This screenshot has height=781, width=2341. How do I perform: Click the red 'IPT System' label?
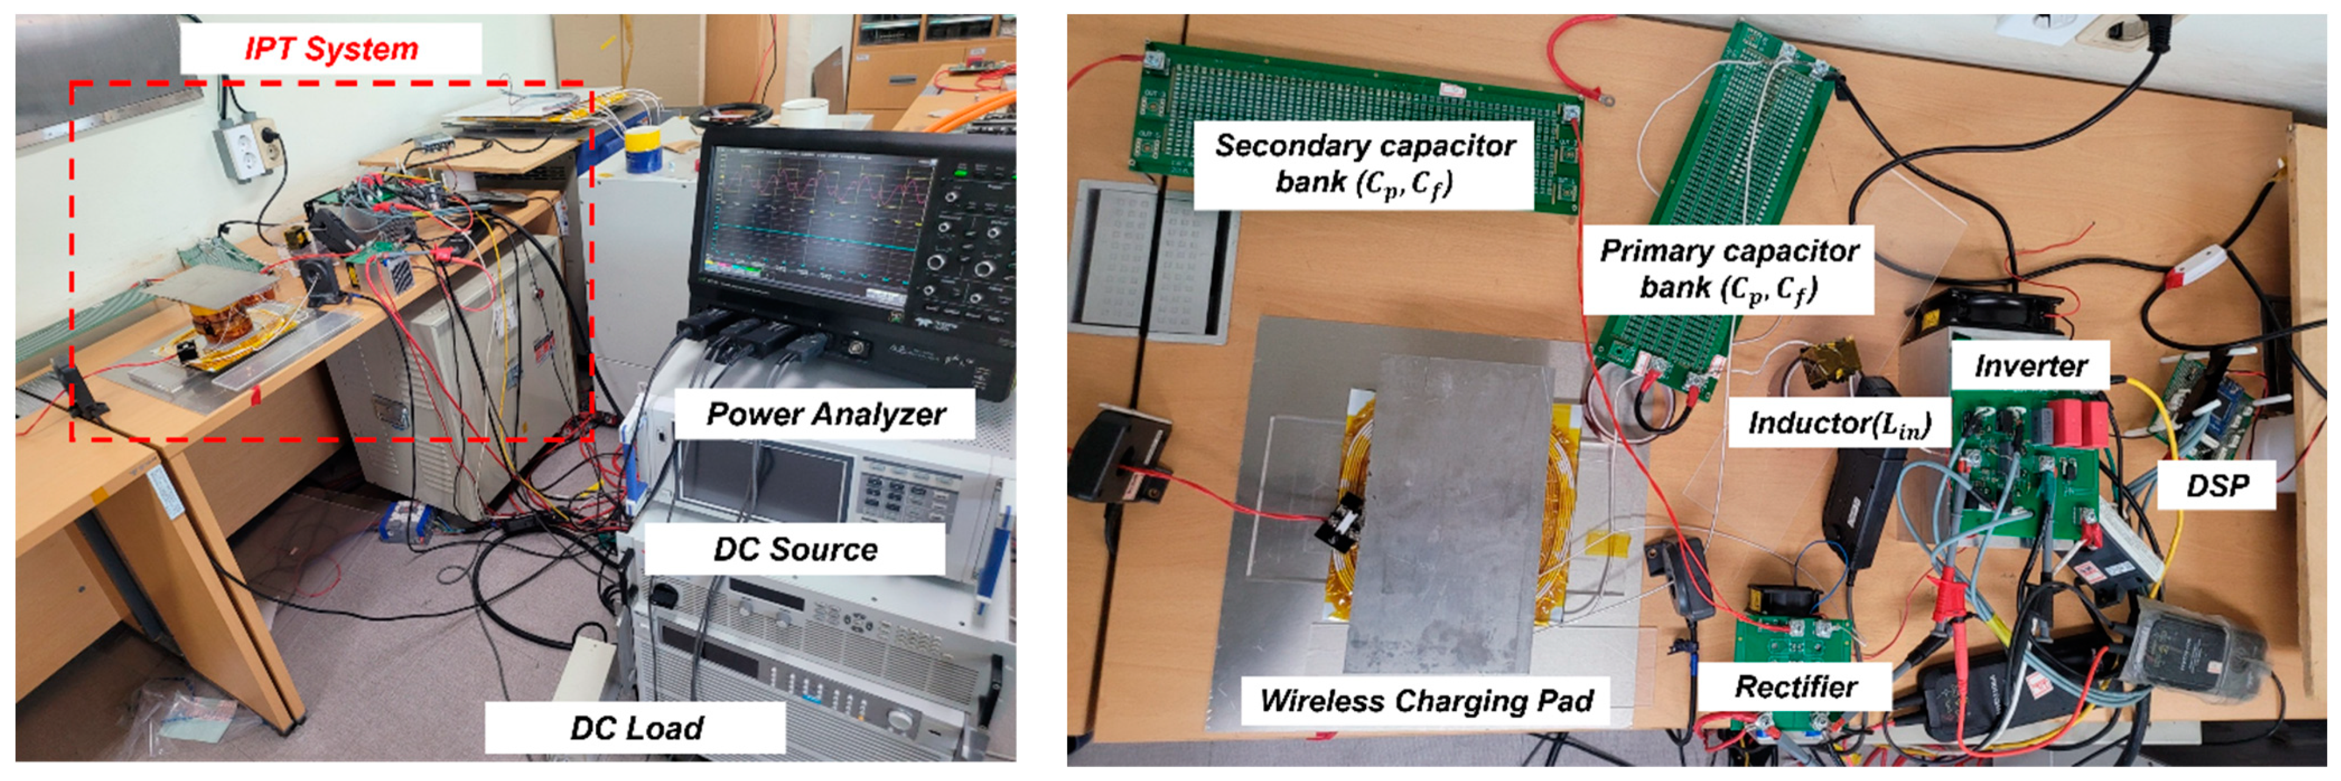(x=331, y=48)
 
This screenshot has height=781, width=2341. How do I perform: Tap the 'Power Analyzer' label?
(x=826, y=414)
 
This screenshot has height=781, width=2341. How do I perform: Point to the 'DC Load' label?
(x=636, y=728)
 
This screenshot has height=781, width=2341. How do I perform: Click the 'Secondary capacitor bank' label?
(x=1364, y=164)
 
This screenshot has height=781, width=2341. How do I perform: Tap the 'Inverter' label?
(x=2030, y=366)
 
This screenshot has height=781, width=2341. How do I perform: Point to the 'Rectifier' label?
(x=1795, y=687)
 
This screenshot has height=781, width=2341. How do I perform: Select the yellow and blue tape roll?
(x=643, y=148)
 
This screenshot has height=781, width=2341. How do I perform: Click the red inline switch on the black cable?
(x=2195, y=266)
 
